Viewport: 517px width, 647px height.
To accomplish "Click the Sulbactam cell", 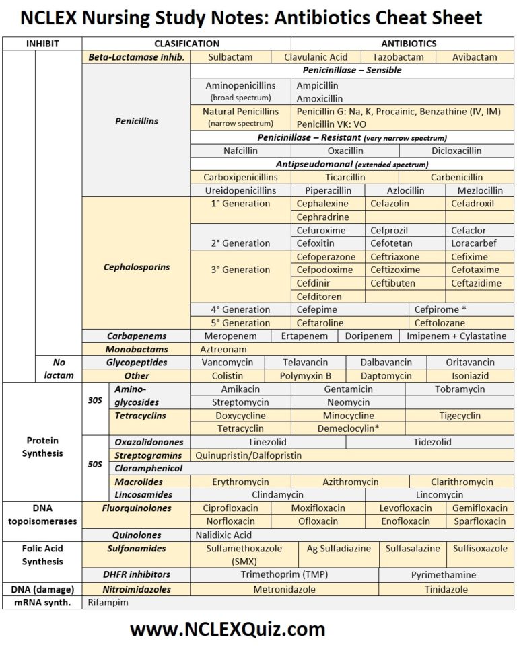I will [x=230, y=57].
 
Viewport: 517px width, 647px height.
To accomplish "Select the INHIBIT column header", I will [x=42, y=44].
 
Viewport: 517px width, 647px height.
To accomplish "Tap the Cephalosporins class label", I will [x=137, y=267].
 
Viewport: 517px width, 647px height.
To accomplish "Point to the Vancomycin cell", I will [x=228, y=363].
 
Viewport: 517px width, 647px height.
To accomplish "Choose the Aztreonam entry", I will [x=223, y=349].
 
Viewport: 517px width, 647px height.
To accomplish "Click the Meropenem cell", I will [x=231, y=336].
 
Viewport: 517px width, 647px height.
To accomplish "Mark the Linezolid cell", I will [x=268, y=442].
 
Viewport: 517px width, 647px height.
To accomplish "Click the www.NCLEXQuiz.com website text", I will [x=228, y=630].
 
